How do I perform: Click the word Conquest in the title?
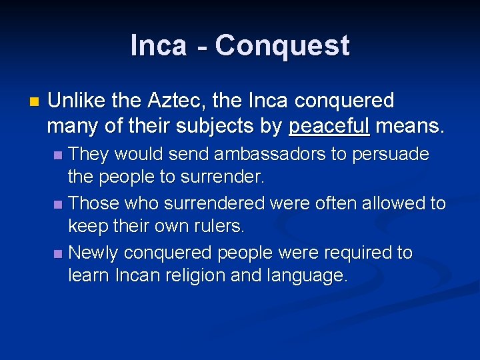click(x=282, y=46)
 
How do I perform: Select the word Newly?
click(x=94, y=253)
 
